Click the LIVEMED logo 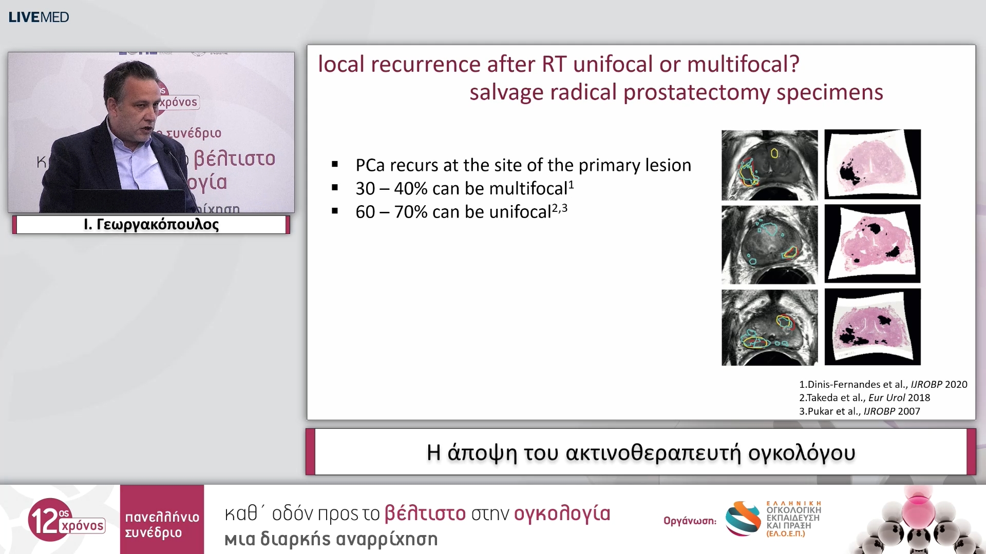(39, 17)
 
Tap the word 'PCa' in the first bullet (370, 165)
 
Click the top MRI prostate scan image (769, 165)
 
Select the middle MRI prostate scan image (769, 245)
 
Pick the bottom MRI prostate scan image (769, 327)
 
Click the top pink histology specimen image (873, 164)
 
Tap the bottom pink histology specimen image (873, 327)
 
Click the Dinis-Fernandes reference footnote (883, 384)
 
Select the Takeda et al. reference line (865, 398)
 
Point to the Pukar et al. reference (860, 411)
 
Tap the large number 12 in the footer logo (44, 520)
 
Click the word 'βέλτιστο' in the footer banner (425, 513)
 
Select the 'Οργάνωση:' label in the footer (690, 521)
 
